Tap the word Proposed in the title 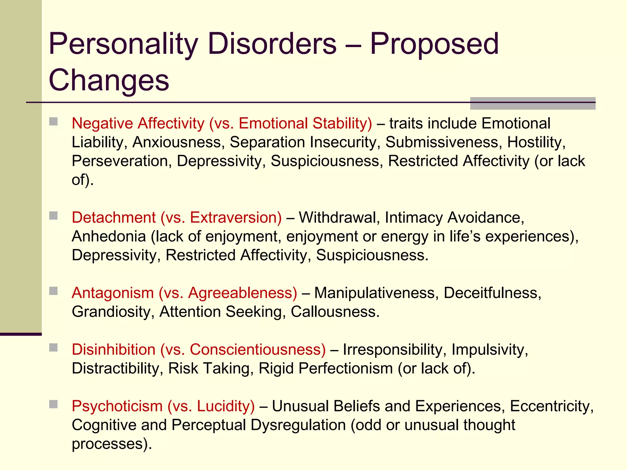click(x=434, y=44)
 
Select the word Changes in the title click(x=109, y=80)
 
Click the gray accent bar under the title click(x=532, y=103)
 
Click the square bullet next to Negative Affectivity click(x=54, y=121)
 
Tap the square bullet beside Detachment click(x=54, y=216)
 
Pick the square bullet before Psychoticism click(x=54, y=404)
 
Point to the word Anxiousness click(x=177, y=142)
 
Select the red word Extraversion click(x=236, y=218)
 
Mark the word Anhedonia click(x=109, y=237)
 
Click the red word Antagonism click(x=113, y=293)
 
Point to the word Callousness click(x=335, y=312)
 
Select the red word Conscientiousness click(x=258, y=349)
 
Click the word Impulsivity click(x=490, y=349)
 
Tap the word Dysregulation click(x=298, y=425)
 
